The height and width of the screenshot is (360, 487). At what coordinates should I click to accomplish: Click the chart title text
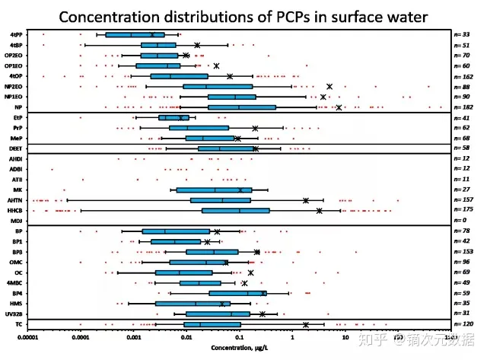pos(243,15)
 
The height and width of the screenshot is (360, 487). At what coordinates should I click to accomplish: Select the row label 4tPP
pos(15,34)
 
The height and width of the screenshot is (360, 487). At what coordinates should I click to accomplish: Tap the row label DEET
pos(15,148)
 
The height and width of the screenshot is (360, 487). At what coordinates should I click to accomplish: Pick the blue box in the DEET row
pos(227,148)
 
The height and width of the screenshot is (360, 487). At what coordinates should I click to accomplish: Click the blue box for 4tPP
pos(135,34)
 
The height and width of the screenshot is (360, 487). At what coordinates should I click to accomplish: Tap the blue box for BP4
pos(238,293)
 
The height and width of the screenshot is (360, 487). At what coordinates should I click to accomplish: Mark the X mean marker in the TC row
pos(306,324)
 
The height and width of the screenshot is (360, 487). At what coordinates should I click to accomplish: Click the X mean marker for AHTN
pos(306,200)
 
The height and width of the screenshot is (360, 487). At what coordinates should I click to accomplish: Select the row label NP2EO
pos(13,86)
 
